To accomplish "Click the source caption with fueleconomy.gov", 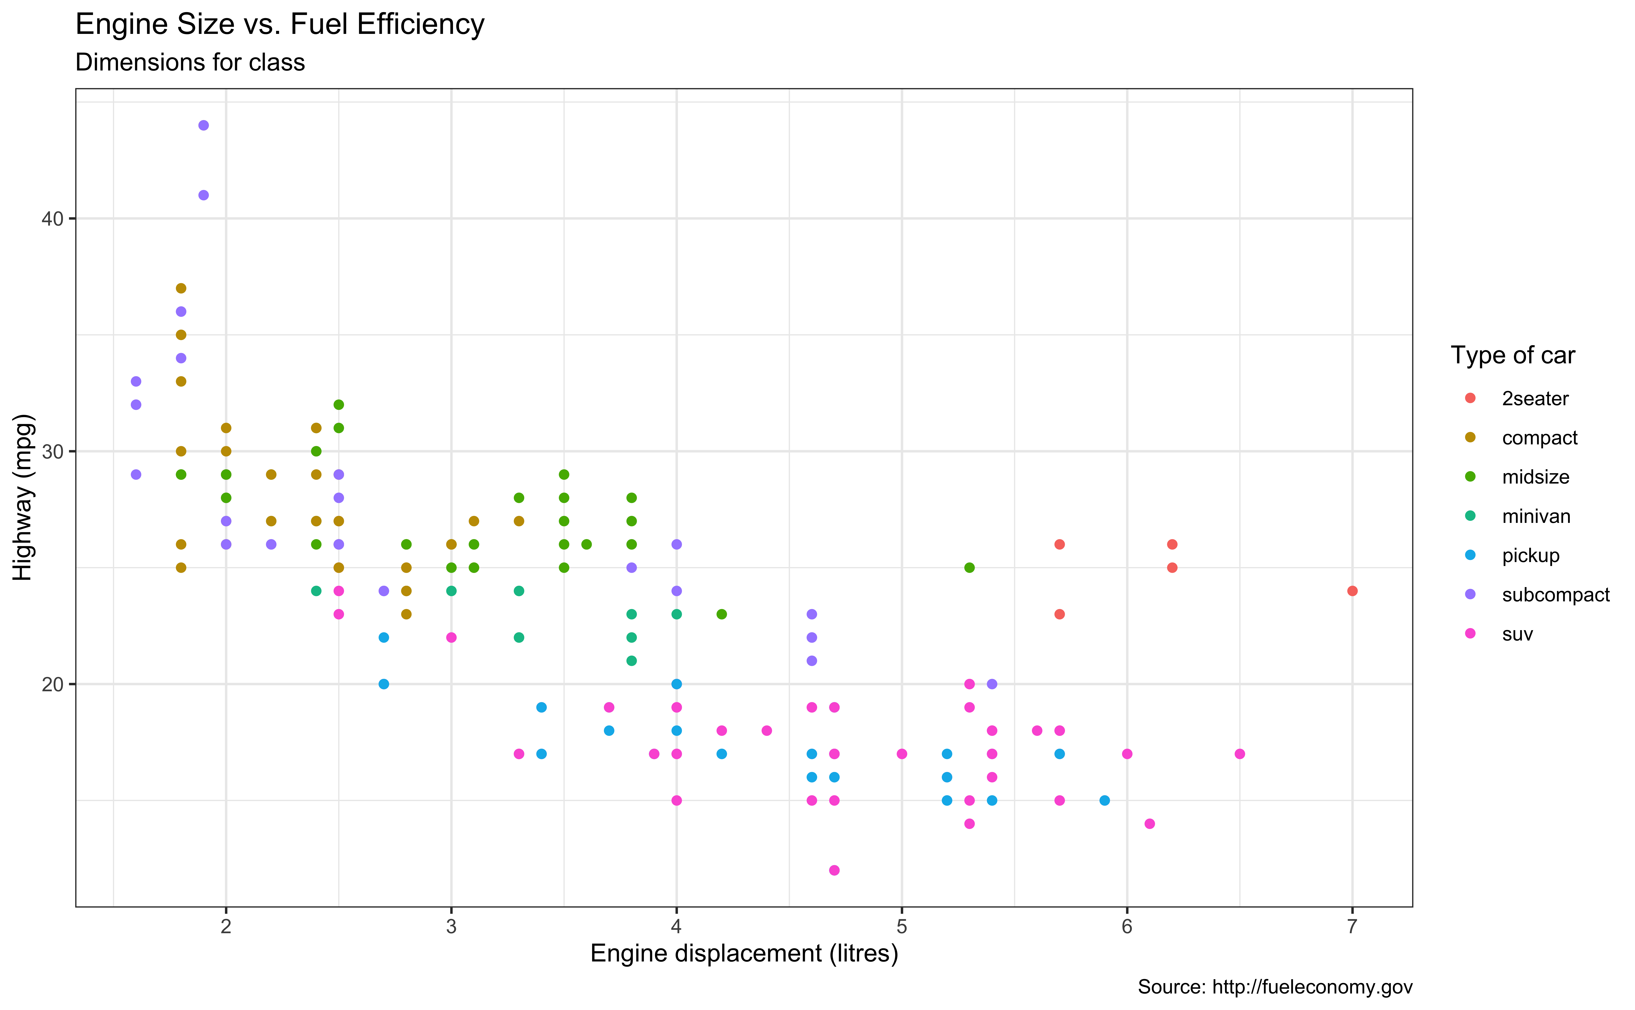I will pyautogui.click(x=1275, y=987).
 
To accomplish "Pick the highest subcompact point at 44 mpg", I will pyautogui.click(x=204, y=126).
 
